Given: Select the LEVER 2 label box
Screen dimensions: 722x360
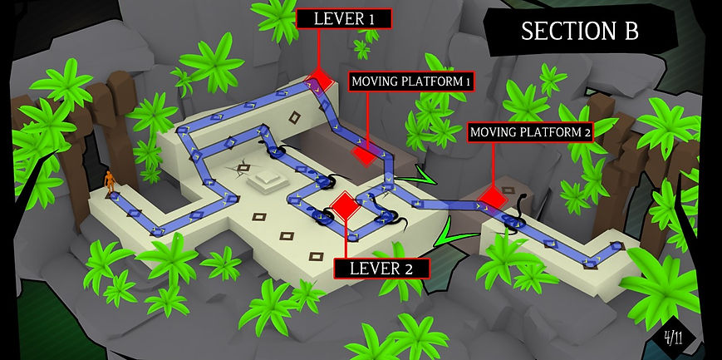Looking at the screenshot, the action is coord(382,268).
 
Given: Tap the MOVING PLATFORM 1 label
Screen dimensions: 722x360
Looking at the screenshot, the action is coord(412,81).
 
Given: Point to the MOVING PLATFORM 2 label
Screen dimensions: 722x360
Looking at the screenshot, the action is coord(530,131).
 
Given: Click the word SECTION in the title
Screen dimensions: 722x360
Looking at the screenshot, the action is coord(561,31).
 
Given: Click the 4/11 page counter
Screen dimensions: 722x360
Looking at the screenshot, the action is coord(673,338).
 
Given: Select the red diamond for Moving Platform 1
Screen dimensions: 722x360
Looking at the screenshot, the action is coord(363,155).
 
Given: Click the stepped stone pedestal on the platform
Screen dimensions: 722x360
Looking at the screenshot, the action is coord(268,178).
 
